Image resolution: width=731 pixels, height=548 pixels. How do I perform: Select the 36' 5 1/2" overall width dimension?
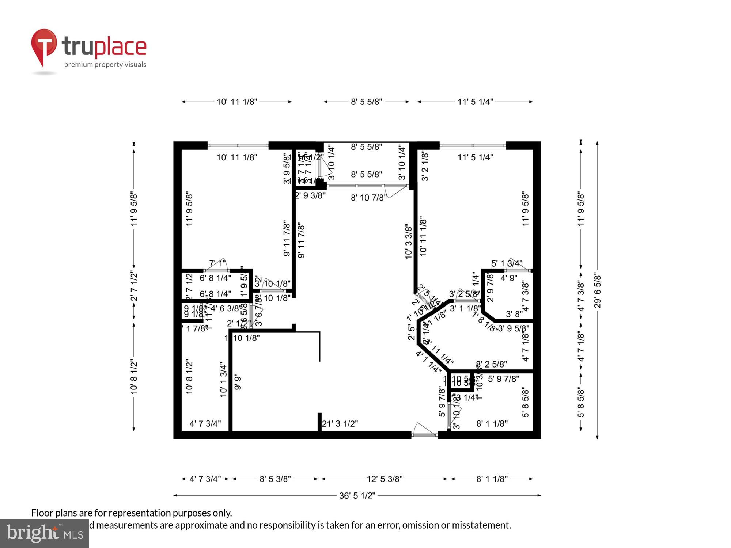tap(357, 496)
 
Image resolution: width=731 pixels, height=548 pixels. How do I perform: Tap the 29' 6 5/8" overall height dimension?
tap(597, 290)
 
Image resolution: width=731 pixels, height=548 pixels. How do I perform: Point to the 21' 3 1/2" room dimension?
tap(340, 423)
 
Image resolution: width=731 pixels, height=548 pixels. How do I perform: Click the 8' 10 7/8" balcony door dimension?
tap(368, 198)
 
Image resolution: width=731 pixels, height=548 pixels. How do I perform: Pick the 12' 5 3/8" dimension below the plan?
tap(385, 479)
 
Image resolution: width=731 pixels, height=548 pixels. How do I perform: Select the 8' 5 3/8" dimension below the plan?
tap(275, 479)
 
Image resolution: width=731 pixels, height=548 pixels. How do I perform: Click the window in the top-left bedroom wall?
tap(238, 146)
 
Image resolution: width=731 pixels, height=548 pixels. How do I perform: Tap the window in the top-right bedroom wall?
tap(473, 146)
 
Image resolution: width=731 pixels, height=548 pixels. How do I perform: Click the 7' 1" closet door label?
tap(217, 263)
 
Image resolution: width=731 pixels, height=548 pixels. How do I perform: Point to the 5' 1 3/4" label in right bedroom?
tap(506, 263)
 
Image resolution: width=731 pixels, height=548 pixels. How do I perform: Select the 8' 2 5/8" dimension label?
tap(491, 364)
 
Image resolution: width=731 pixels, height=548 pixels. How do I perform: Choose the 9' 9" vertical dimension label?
tap(238, 382)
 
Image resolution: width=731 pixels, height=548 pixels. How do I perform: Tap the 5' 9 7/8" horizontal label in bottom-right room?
tap(503, 379)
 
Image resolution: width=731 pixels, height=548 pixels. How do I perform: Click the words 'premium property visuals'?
tap(105, 65)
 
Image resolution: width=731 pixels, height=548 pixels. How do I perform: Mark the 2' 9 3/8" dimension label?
tap(310, 195)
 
